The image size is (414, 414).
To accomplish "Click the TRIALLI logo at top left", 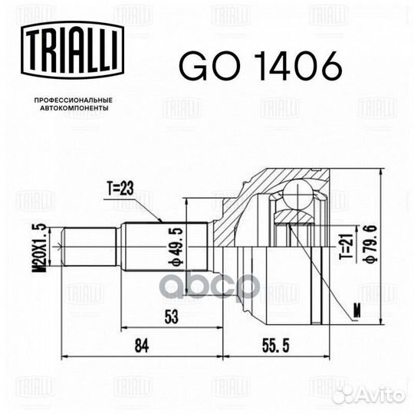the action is pos(72,50).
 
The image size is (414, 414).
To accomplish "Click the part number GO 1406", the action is pos(261,65).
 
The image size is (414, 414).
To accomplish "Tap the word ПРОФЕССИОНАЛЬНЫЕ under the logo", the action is pos(74,100).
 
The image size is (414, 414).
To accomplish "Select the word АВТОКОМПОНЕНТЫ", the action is pos(74,108).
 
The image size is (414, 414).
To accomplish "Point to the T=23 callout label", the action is pos(120,189).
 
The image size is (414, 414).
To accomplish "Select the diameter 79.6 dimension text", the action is pos(373,244).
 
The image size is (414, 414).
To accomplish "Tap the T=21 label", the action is pos(347,246).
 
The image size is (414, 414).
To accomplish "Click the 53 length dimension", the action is pos(172,317).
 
